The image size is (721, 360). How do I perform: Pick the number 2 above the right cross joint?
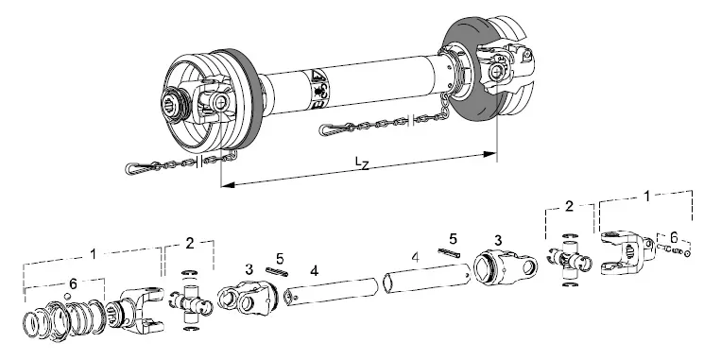point(569,205)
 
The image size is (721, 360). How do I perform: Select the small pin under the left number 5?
point(277,272)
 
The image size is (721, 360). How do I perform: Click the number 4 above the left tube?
point(315,270)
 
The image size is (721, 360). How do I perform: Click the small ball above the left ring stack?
point(67,299)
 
